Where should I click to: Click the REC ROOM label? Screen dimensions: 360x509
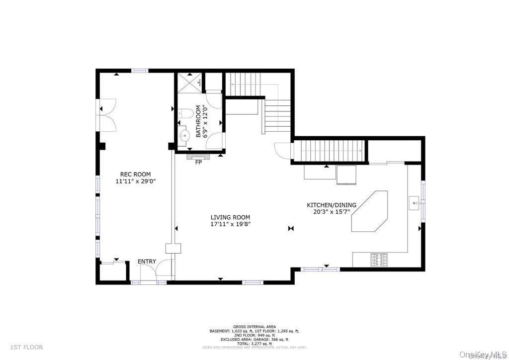pyautogui.click(x=135, y=175)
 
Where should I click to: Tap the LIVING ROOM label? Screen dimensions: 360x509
pyautogui.click(x=230, y=217)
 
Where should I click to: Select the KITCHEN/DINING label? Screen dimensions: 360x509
pyautogui.click(x=331, y=205)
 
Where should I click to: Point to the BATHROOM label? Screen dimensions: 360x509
pyautogui.click(x=198, y=121)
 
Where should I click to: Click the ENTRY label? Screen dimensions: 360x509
pyautogui.click(x=147, y=262)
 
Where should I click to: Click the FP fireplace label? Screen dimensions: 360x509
pyautogui.click(x=199, y=163)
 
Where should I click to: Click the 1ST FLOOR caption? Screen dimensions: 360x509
pyautogui.click(x=26, y=347)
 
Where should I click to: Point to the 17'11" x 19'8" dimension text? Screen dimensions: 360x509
pyautogui.click(x=230, y=224)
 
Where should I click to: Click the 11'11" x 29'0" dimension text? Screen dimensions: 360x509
pyautogui.click(x=135, y=181)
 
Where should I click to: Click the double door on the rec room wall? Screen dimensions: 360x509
pyautogui.click(x=106, y=113)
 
